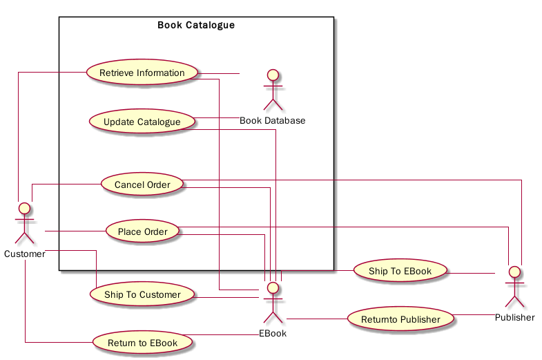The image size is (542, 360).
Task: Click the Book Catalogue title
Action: [196, 26]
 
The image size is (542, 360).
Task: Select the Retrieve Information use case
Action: [142, 73]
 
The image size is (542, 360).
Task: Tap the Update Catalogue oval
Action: [142, 122]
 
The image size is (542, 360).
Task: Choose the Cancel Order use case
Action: [142, 184]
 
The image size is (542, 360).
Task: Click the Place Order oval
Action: [142, 231]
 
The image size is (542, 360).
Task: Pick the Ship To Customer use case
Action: [142, 295]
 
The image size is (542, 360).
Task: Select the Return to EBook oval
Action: [142, 343]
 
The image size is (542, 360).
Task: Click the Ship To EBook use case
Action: [400, 271]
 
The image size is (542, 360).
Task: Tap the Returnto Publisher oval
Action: [400, 319]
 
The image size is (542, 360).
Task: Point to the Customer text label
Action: [25, 254]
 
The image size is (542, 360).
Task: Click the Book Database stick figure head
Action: [273, 74]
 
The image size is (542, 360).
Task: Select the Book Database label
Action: [273, 121]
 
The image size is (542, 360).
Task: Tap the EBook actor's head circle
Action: [273, 287]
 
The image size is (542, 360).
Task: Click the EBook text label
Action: [273, 334]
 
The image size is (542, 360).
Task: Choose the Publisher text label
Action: [514, 318]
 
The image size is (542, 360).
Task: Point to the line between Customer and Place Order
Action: [75, 231]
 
